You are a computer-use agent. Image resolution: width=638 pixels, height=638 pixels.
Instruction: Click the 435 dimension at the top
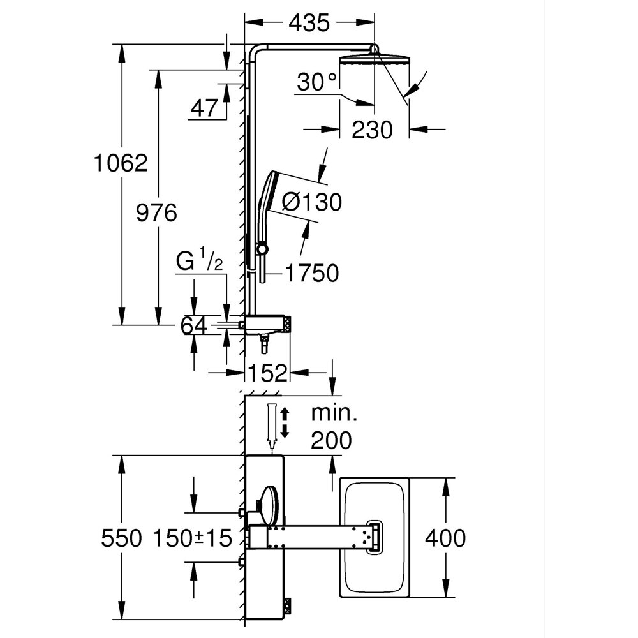(x=309, y=23)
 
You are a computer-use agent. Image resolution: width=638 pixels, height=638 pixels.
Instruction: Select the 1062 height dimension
(x=121, y=163)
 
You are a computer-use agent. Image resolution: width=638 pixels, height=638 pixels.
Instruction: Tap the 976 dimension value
(x=157, y=212)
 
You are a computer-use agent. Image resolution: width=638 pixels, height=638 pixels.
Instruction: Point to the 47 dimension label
(x=204, y=108)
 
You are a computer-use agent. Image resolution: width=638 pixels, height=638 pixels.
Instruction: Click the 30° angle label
(x=317, y=83)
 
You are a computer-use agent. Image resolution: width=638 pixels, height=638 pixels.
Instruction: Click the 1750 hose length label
(x=311, y=273)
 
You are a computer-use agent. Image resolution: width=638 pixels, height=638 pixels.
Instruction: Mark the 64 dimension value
(x=194, y=326)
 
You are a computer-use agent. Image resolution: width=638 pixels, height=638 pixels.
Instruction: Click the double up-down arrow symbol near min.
(x=285, y=422)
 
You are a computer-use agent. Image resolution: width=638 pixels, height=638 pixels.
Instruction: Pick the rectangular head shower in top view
(x=376, y=537)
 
